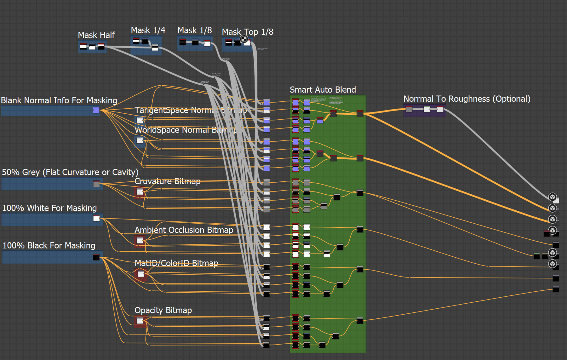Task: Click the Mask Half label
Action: coord(96,35)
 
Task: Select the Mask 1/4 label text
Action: coord(148,30)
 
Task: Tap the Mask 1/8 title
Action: coord(194,30)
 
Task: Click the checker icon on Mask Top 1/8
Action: coord(244,39)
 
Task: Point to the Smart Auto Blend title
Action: coord(323,90)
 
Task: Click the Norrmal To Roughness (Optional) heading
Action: coord(467,99)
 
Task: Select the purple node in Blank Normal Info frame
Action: coord(96,110)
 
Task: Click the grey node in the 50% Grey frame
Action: coord(96,184)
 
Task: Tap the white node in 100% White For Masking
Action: coord(96,218)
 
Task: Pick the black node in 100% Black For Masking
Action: coord(96,257)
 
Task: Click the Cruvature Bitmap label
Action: coord(167,181)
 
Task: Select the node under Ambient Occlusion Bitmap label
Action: coord(140,241)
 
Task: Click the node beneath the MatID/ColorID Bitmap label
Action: coord(141,274)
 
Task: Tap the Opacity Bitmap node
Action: coord(140,321)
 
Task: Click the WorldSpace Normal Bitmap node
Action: coord(140,140)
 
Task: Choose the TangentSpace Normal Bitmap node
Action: coord(140,120)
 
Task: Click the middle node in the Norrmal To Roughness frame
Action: coord(427,109)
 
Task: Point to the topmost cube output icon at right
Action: coord(552,197)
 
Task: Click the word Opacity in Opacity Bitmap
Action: coord(148,310)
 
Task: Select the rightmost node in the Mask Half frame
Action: coord(101,47)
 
